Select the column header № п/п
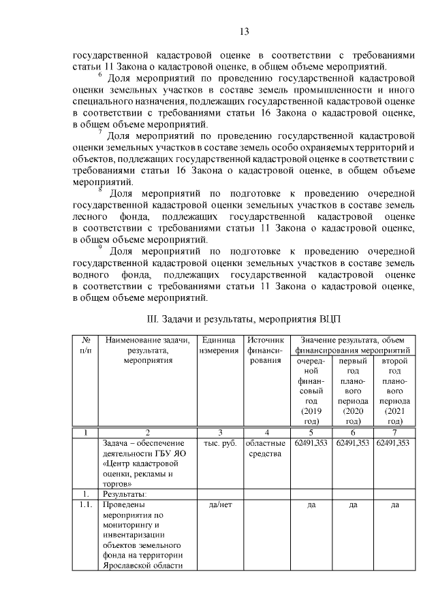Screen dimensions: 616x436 [87, 344]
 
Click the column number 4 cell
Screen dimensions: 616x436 [266, 432]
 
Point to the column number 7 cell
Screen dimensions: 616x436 [394, 432]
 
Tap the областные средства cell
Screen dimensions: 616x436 [266, 449]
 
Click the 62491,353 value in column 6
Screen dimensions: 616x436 [353, 443]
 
